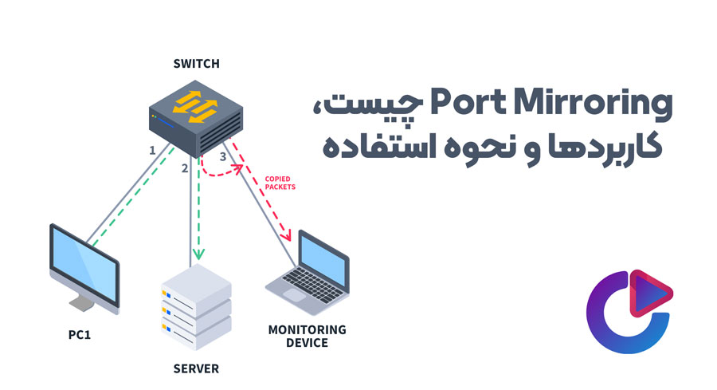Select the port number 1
(x=151, y=150)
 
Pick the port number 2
(x=184, y=168)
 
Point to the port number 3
(x=222, y=158)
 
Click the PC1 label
(x=81, y=334)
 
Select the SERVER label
(x=195, y=368)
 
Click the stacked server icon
(x=195, y=307)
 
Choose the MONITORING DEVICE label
(x=307, y=336)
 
